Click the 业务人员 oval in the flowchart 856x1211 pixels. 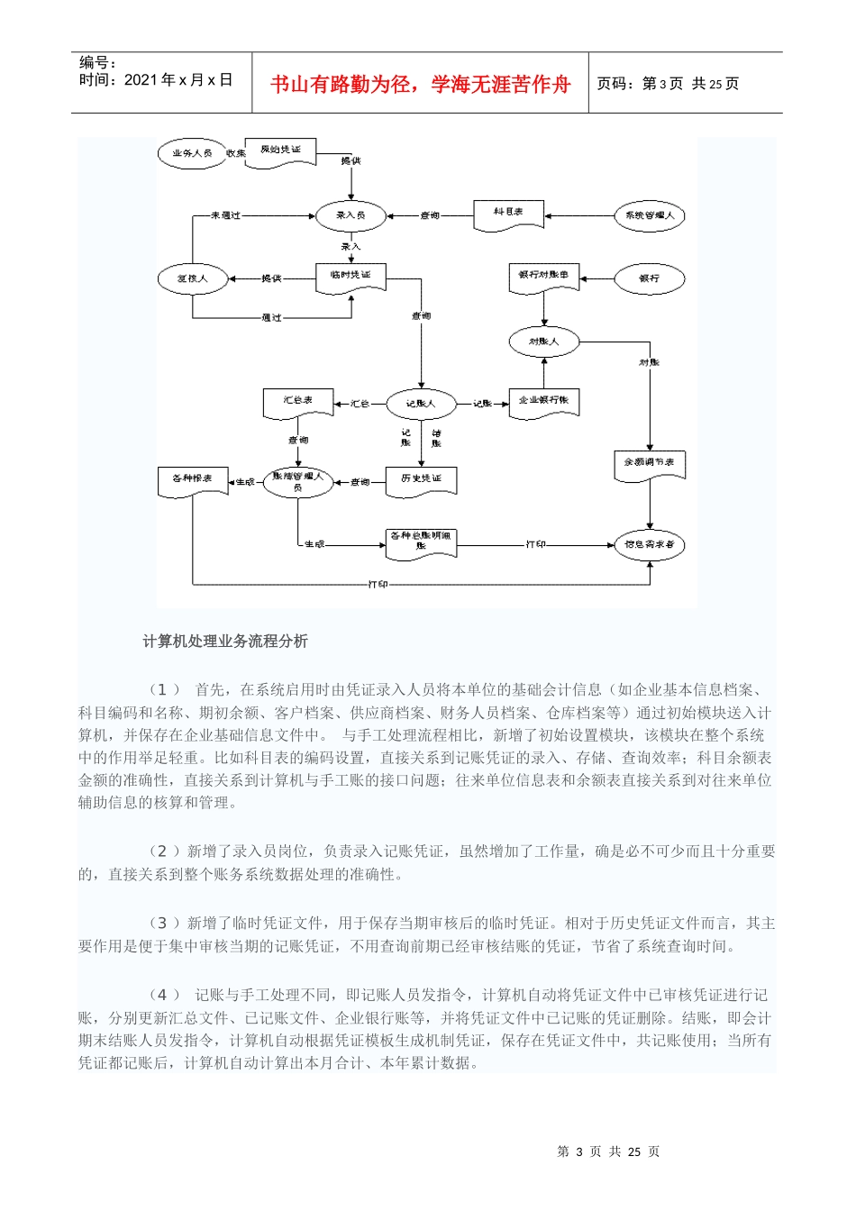(x=192, y=153)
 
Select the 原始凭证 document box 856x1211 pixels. (x=281, y=150)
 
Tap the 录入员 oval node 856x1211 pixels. (x=351, y=215)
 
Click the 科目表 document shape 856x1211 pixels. (x=508, y=214)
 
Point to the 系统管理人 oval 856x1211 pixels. (x=649, y=215)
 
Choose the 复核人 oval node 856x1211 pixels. (x=192, y=278)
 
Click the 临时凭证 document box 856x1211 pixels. (x=351, y=276)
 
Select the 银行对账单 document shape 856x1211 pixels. (x=543, y=276)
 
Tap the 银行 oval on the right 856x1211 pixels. (x=649, y=278)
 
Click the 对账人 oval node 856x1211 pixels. (x=543, y=341)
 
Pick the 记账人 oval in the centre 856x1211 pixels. (x=421, y=404)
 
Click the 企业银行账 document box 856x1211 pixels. (x=543, y=402)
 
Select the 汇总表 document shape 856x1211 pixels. (x=298, y=402)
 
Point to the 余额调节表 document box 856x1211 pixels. (x=649, y=464)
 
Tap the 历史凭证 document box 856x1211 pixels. (x=421, y=479)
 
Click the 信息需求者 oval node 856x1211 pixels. (x=649, y=544)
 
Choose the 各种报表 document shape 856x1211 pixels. (x=192, y=480)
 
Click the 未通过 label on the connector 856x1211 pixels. (x=225, y=215)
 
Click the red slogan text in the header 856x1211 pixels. (x=420, y=84)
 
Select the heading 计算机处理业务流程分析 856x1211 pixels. (x=225, y=642)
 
